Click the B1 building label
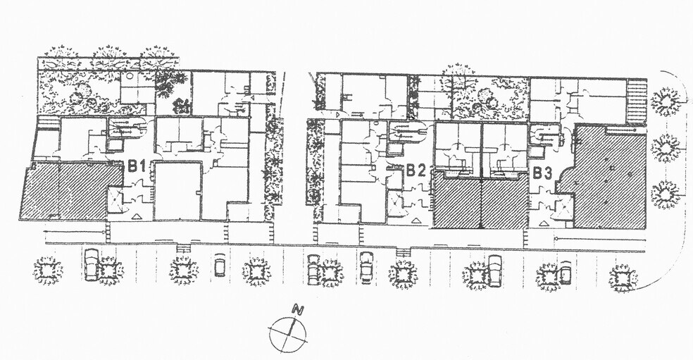(137, 166)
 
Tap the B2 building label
(416, 170)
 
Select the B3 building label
(542, 173)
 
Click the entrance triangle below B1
(137, 216)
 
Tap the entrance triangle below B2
(416, 220)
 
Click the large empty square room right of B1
(177, 191)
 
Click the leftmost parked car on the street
(92, 264)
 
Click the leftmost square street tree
(48, 270)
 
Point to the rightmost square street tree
(623, 278)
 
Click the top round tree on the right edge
(665, 101)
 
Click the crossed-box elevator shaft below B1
(115, 200)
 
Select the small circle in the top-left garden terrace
(129, 75)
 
